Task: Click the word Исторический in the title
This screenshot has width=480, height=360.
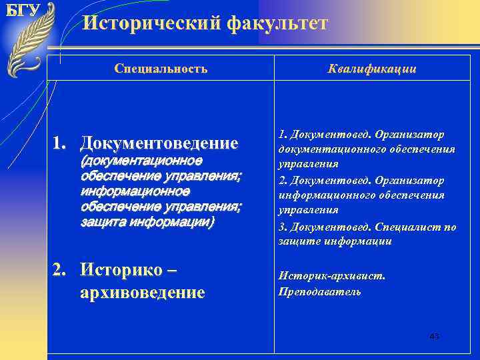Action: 151,24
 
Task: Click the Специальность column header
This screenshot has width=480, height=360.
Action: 161,68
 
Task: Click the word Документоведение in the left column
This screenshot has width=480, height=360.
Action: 159,143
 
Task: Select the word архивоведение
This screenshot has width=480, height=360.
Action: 142,293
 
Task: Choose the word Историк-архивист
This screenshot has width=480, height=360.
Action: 331,275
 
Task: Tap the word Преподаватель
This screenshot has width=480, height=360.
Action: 319,291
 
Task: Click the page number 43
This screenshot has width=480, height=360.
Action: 434,336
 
